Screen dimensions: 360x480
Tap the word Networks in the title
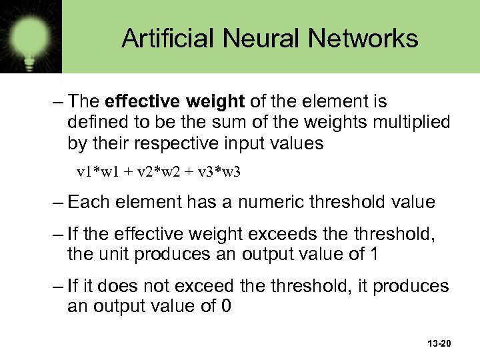tap(364, 38)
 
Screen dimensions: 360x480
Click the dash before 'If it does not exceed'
tap(57, 285)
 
